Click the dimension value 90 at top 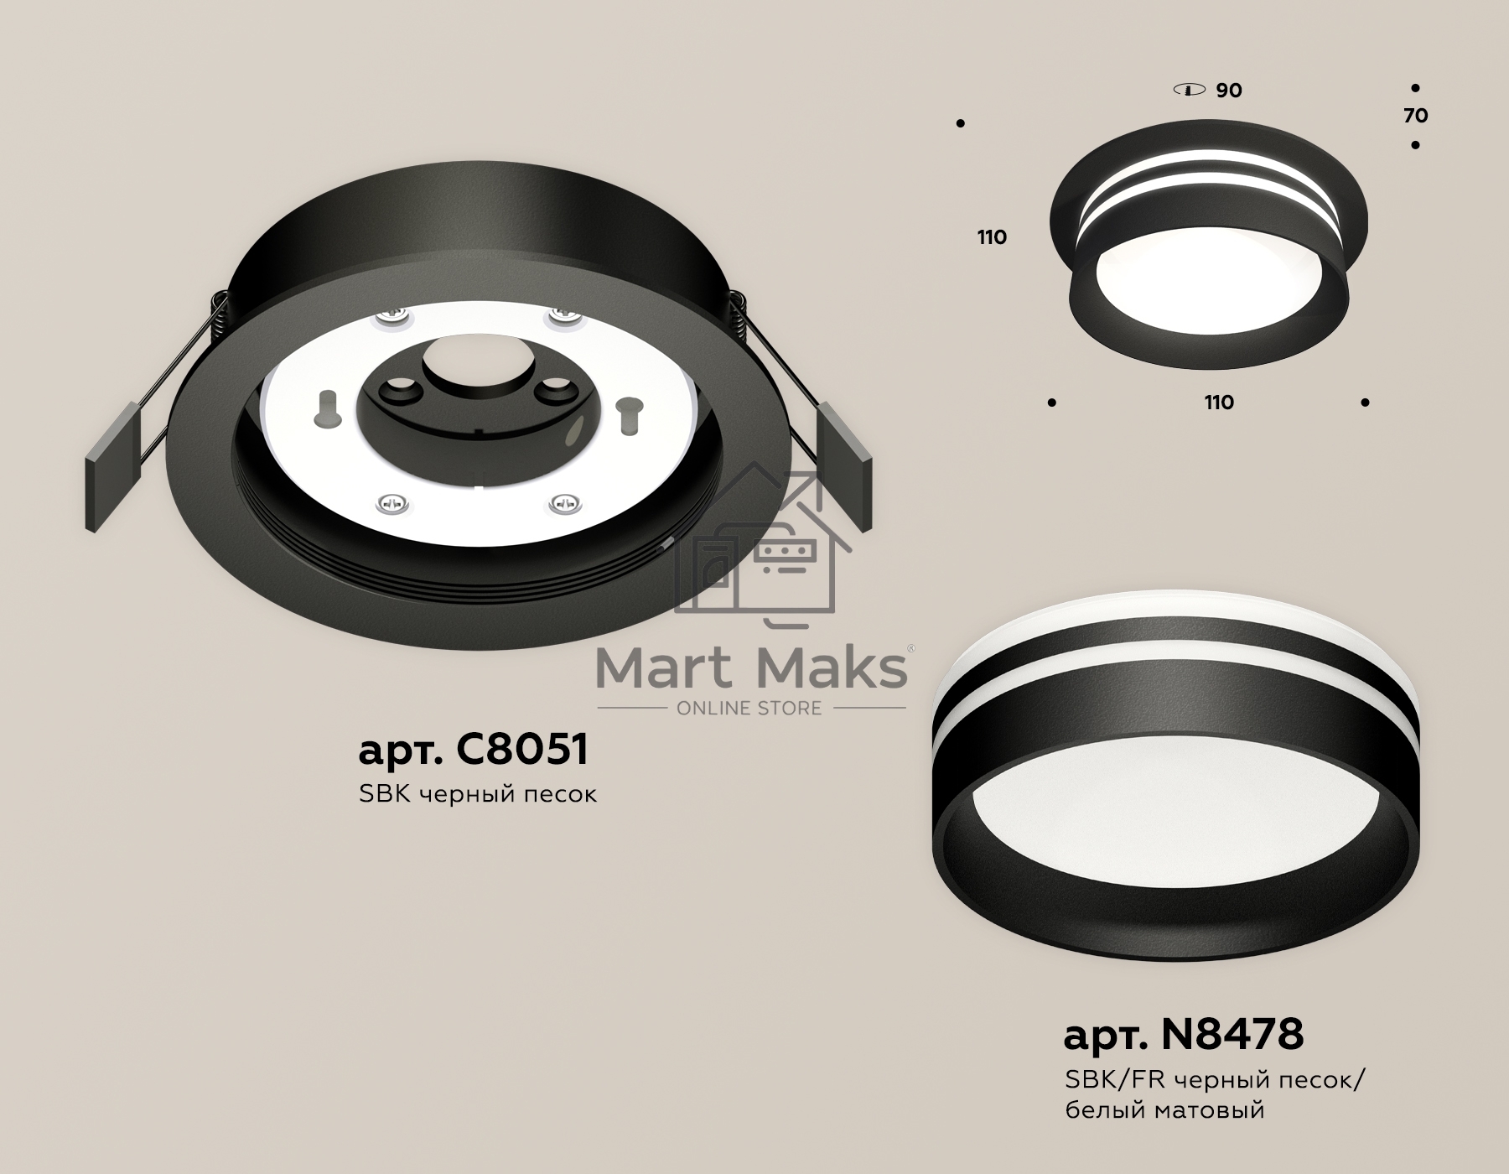click(1229, 91)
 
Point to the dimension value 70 click(1415, 116)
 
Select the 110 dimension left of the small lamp click(992, 237)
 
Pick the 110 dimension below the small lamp click(1219, 403)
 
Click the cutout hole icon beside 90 click(1190, 90)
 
